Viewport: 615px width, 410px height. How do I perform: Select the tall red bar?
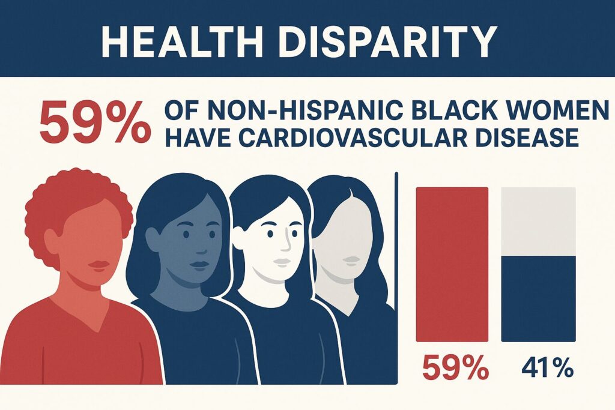pyautogui.click(x=452, y=265)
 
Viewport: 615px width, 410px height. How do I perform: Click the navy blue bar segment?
pyautogui.click(x=538, y=298)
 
